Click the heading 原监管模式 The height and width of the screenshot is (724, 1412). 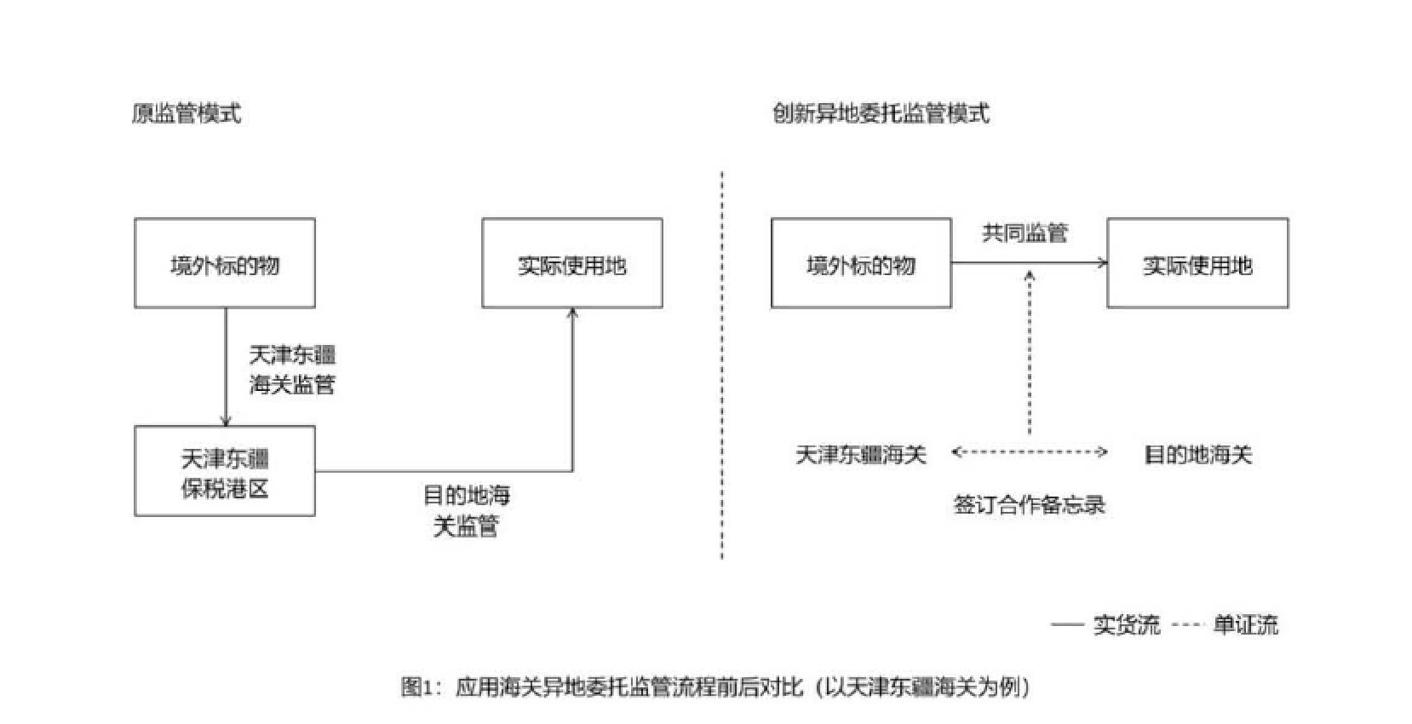[187, 113]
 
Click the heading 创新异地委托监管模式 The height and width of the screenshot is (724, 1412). [881, 113]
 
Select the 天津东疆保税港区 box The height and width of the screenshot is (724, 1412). [225, 471]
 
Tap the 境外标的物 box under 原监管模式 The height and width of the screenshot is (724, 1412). [225, 263]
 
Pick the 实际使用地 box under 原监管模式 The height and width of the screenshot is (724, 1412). [572, 263]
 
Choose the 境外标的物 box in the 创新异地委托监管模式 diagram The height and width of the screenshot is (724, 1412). [861, 263]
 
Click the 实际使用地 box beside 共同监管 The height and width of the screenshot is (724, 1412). [1197, 263]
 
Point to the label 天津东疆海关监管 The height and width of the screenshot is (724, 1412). [292, 370]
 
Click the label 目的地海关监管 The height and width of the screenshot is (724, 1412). [466, 510]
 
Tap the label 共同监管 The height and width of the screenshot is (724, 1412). [1025, 233]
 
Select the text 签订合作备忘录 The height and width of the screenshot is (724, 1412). [1029, 504]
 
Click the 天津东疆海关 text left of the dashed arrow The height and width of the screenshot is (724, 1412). [860, 455]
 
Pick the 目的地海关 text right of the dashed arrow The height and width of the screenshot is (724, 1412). [1197, 455]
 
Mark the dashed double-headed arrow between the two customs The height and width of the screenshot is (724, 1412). [1029, 452]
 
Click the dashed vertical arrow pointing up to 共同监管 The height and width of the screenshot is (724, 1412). [1030, 353]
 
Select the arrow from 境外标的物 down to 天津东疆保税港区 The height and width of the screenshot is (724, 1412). [226, 366]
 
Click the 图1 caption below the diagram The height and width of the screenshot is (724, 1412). [715, 687]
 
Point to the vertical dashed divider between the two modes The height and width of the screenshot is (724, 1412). [722, 366]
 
